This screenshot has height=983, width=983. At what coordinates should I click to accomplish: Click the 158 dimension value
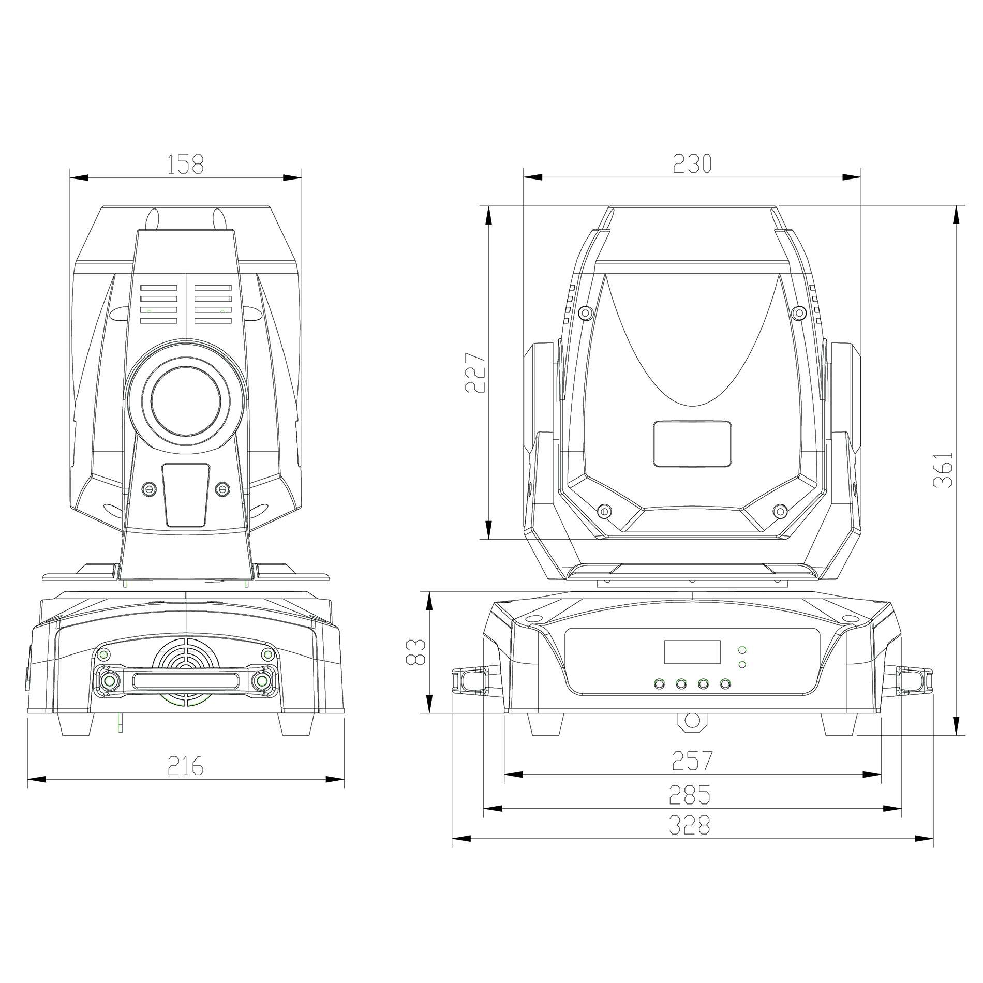point(186,164)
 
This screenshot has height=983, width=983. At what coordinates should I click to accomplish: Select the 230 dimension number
point(692,164)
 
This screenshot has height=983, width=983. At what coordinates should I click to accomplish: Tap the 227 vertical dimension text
point(475,373)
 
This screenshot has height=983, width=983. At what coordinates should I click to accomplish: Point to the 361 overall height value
point(942,469)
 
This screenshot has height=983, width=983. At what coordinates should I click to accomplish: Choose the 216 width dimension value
point(186,766)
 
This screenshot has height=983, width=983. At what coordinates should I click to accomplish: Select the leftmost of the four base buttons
point(659,684)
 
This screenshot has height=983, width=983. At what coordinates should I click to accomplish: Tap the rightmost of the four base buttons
point(726,684)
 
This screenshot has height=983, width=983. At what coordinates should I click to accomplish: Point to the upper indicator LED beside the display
point(742,650)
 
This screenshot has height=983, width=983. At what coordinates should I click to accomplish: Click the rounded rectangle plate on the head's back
point(692,444)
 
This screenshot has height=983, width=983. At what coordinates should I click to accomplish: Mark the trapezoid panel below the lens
point(186,495)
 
